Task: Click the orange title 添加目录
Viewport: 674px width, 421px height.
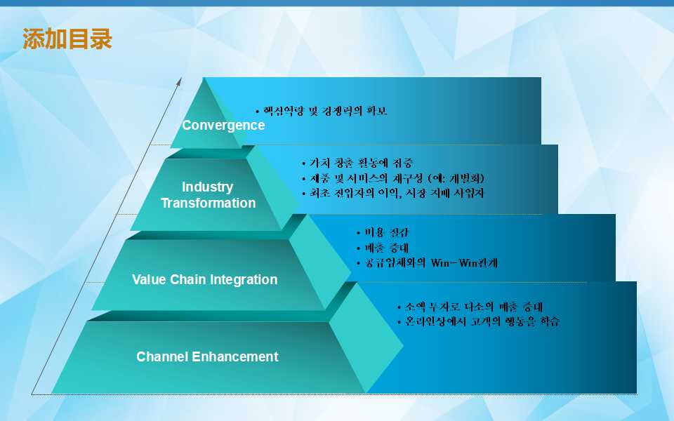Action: click(67, 39)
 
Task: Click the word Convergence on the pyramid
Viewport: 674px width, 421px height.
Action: click(223, 126)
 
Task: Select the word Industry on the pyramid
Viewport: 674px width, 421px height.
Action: click(208, 187)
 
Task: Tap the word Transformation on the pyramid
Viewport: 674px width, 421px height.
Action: click(208, 203)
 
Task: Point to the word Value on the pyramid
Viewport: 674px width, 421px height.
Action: click(149, 280)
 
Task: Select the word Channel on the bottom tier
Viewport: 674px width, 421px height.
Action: click(162, 356)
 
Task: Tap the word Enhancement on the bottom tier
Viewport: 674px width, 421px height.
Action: click(235, 356)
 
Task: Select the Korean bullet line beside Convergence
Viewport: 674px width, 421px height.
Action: click(322, 112)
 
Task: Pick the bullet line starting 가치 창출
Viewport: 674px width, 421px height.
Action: click(357, 163)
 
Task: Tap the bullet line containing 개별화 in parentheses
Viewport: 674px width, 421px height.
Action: click(393, 178)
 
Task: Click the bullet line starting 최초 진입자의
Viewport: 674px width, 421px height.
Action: click(393, 194)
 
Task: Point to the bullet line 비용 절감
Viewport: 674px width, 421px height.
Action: click(383, 233)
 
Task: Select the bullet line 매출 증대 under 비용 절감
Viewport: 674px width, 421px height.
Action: click(383, 248)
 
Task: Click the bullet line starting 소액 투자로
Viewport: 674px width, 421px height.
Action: click(470, 307)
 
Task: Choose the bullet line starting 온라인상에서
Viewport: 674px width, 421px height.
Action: click(478, 322)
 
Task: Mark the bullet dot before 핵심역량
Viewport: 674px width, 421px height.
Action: click(258, 112)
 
